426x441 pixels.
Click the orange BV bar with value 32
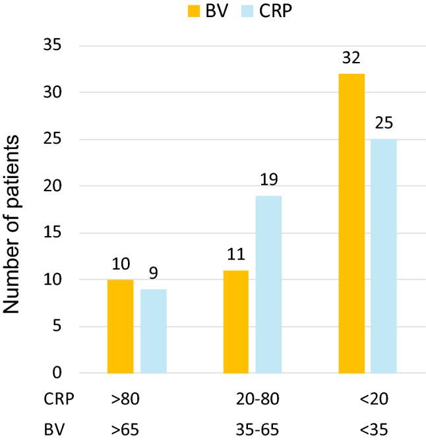click(x=351, y=223)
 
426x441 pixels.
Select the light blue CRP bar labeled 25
click(x=383, y=256)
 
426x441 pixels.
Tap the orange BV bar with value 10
click(x=120, y=326)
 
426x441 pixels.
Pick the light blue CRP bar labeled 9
click(x=153, y=331)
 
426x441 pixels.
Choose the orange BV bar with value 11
click(x=236, y=322)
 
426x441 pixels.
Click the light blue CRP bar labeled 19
click(x=268, y=284)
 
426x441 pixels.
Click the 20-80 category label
click(x=252, y=399)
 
